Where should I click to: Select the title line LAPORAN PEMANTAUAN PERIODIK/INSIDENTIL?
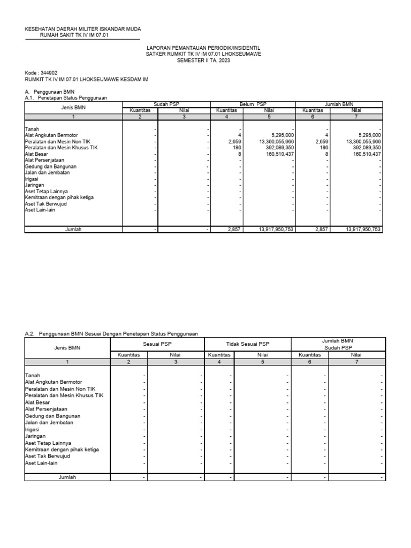coord(203,48)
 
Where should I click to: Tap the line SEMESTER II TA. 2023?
coord(203,60)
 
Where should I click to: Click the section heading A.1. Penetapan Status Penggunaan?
coord(66,98)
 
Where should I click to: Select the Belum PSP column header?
coord(254,104)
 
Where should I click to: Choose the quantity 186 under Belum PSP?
coord(238,147)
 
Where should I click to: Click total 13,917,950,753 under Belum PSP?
coord(275,229)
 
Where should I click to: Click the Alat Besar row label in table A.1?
coord(37,154)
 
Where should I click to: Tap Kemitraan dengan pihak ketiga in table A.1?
coord(59,197)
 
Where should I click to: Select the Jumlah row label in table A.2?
coord(67,476)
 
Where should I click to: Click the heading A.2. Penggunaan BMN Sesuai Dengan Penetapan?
coord(111,333)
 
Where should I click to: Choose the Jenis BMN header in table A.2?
coord(67,347)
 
